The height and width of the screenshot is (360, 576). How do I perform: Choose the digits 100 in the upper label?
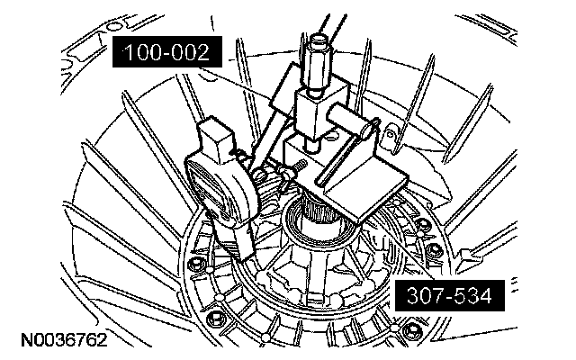pyautogui.click(x=144, y=53)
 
